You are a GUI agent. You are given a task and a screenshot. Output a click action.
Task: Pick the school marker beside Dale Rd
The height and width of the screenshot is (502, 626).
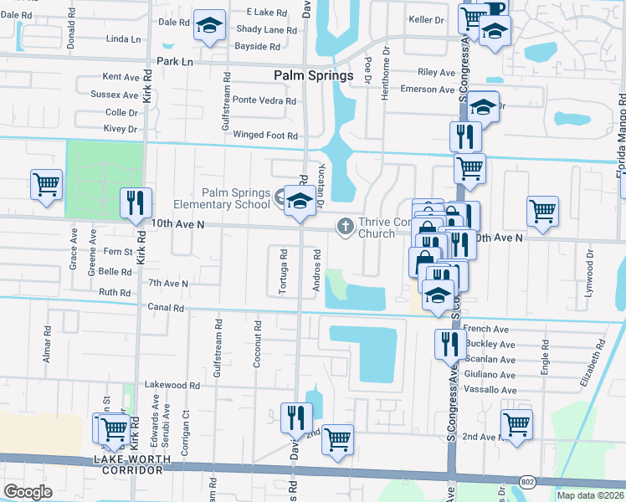209,26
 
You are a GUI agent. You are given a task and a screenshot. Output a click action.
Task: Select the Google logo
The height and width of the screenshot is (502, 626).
27,492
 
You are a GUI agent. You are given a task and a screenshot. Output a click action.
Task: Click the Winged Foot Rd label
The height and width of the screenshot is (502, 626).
265,135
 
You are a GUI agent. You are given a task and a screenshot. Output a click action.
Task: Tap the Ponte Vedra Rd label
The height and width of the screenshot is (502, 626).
264,100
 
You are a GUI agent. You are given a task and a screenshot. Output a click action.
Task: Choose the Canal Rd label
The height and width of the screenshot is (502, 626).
166,308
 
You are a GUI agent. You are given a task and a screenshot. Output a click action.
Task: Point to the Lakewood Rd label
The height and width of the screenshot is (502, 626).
172,386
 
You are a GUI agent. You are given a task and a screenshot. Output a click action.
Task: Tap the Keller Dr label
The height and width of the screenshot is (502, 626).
426,19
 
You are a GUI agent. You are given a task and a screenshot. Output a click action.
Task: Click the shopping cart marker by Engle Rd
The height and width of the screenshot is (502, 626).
516,424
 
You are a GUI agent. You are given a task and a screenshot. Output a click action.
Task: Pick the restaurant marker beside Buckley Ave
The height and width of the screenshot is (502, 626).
450,344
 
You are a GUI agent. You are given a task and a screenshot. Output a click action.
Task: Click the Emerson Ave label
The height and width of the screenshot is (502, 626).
427,90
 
